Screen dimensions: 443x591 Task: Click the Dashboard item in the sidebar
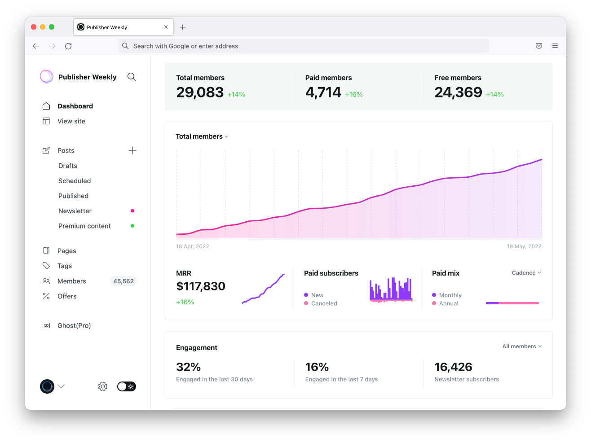pyautogui.click(x=75, y=106)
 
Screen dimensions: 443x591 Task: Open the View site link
pyautogui.click(x=71, y=121)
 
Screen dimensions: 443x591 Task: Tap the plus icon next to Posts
pyautogui.click(x=132, y=150)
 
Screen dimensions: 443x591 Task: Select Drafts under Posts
pyautogui.click(x=68, y=166)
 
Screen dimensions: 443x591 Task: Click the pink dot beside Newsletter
pyautogui.click(x=132, y=211)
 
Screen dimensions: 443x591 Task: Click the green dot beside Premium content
pyautogui.click(x=132, y=226)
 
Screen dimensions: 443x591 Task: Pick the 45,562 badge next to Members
pyautogui.click(x=123, y=281)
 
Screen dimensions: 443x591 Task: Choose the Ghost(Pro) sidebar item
pyautogui.click(x=74, y=325)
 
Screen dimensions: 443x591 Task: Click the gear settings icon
pyautogui.click(x=103, y=386)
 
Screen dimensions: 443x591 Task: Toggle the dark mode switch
pyautogui.click(x=127, y=386)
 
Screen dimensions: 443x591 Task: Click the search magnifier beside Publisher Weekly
pyautogui.click(x=132, y=77)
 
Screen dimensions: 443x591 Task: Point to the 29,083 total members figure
pyautogui.click(x=200, y=92)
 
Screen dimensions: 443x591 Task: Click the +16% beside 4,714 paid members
pyautogui.click(x=354, y=95)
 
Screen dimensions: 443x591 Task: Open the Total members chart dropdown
pyautogui.click(x=202, y=136)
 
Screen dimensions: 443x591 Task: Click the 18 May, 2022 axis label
pyautogui.click(x=524, y=246)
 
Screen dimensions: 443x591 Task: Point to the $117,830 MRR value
pyautogui.click(x=201, y=286)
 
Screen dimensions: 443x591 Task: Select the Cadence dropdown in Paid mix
pyautogui.click(x=526, y=273)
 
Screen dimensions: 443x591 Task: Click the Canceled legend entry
pyautogui.click(x=324, y=303)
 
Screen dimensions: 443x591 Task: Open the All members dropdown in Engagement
pyautogui.click(x=522, y=347)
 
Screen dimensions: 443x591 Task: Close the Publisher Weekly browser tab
pyautogui.click(x=166, y=27)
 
